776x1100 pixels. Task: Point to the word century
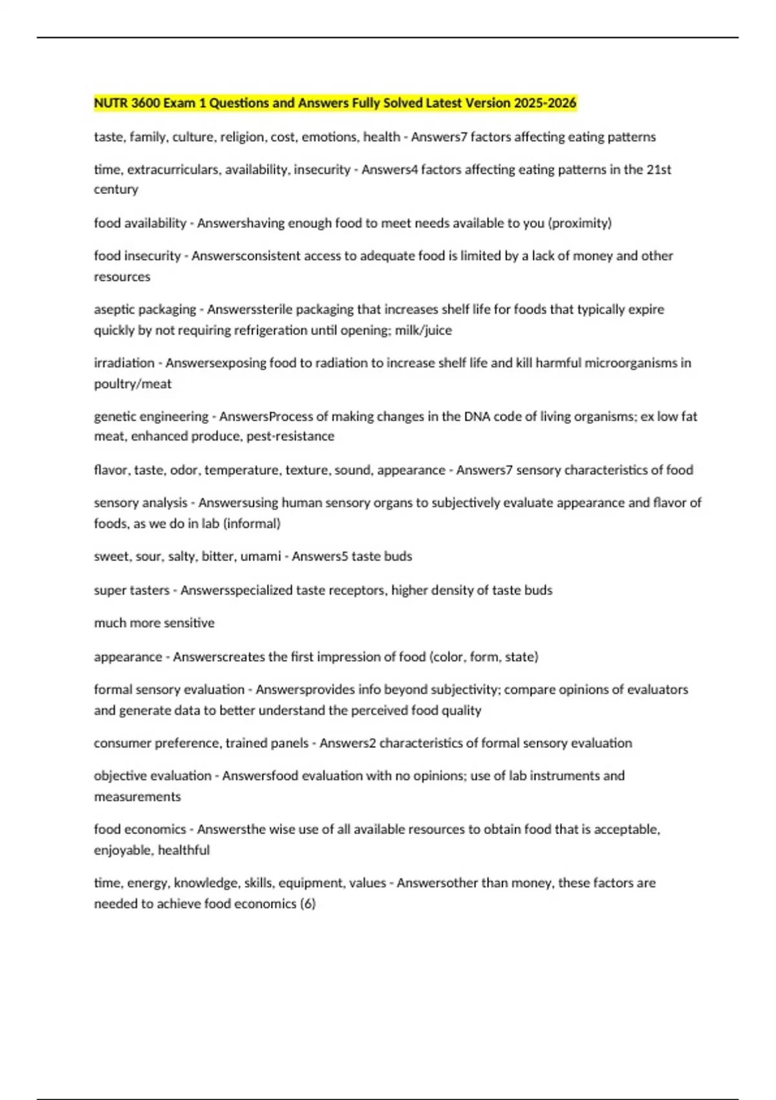coord(116,190)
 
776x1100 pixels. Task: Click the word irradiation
coord(124,363)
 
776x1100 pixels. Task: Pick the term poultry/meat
coord(133,384)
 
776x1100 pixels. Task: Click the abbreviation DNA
coord(477,417)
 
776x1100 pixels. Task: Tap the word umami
coord(260,556)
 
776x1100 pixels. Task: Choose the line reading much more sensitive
coord(154,623)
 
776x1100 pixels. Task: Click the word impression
coord(343,657)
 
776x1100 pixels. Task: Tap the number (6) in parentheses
coord(308,904)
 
